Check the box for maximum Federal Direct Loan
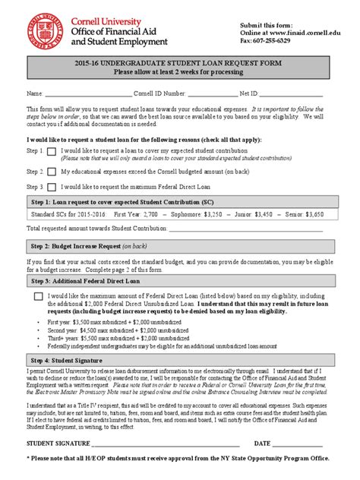(38, 297)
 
